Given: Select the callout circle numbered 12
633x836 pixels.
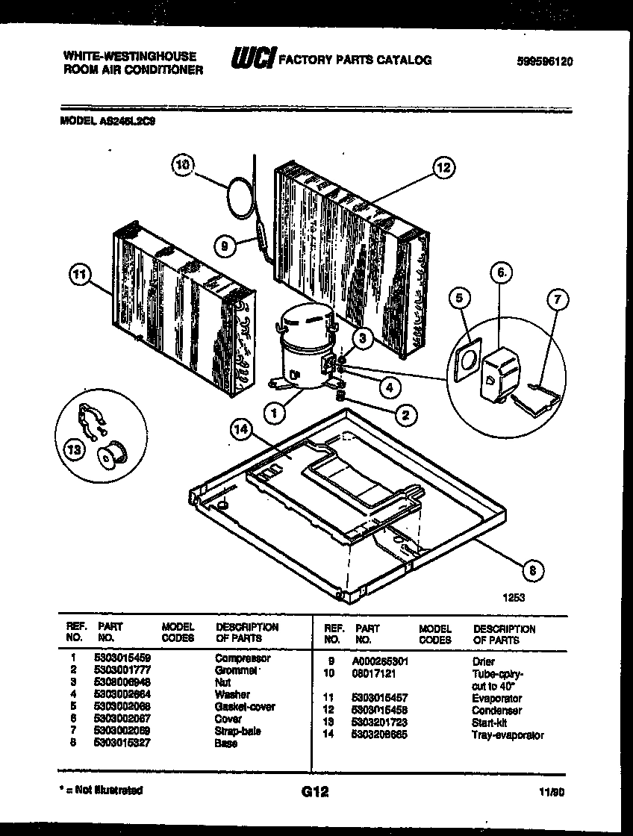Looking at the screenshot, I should (x=443, y=168).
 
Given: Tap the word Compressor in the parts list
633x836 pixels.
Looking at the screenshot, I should (x=243, y=658).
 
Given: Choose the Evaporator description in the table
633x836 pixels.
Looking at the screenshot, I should (x=498, y=699).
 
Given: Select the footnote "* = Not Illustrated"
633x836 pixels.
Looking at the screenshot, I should (x=102, y=790).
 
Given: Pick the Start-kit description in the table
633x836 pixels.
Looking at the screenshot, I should (x=490, y=723).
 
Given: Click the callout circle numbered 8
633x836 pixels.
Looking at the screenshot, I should (x=532, y=571).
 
